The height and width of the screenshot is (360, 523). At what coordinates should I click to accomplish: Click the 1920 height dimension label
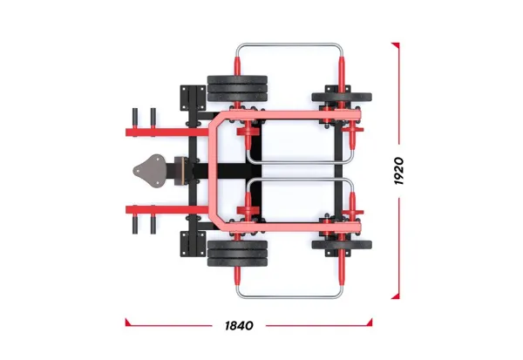398,171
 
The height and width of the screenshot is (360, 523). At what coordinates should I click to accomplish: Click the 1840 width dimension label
238,325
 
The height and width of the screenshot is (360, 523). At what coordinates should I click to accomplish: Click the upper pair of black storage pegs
143,115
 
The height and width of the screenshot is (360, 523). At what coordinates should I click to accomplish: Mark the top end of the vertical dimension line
399,44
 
